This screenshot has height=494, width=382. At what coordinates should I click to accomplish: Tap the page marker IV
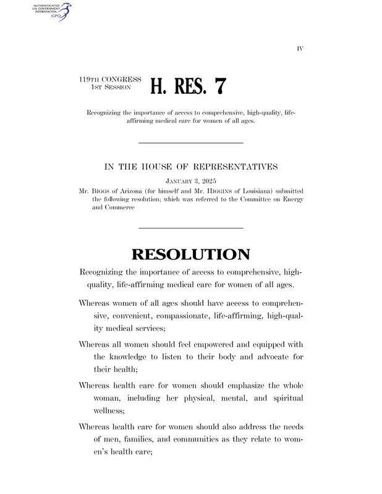pyautogui.click(x=300, y=48)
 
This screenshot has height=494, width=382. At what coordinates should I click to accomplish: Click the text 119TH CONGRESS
pyautogui.click(x=111, y=80)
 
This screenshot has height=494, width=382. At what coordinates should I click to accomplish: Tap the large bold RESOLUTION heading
pyautogui.click(x=190, y=254)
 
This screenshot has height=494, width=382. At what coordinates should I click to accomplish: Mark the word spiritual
pyautogui.click(x=283, y=398)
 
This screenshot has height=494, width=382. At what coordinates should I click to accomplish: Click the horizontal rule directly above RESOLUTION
pyautogui.click(x=190, y=228)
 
